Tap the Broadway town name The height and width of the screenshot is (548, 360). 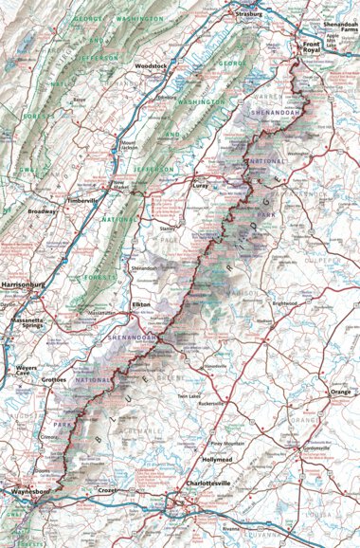click(x=42, y=210)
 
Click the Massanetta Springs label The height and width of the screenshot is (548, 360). click(x=23, y=325)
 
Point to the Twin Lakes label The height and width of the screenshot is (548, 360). click(x=199, y=395)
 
